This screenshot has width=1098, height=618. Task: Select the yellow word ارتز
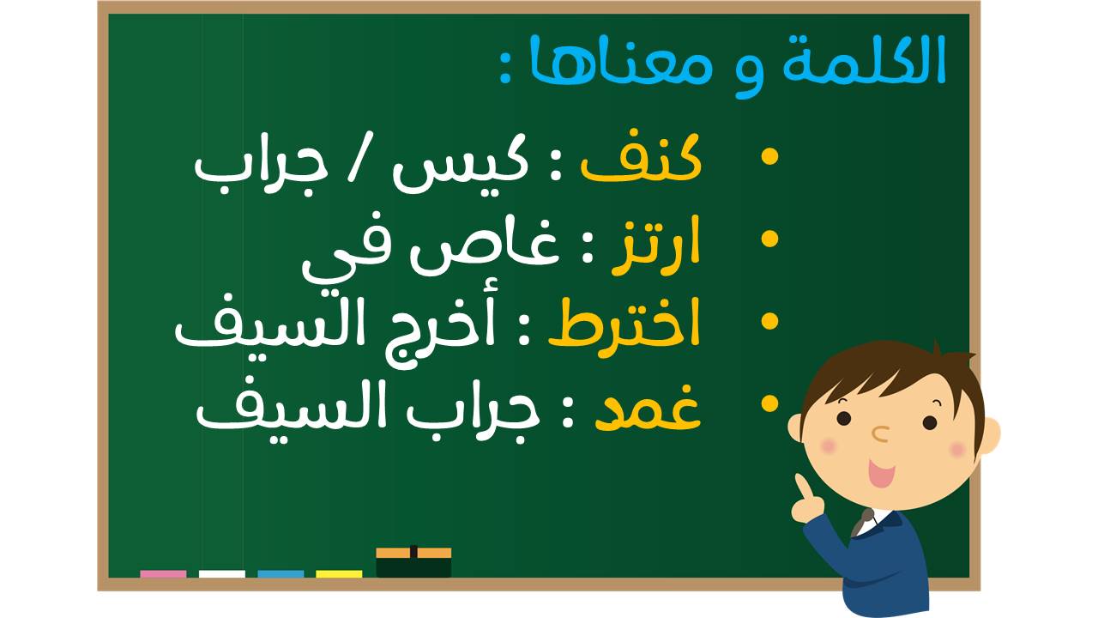(656, 245)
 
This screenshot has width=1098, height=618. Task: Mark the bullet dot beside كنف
(770, 156)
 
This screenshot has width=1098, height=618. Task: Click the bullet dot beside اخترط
(770, 321)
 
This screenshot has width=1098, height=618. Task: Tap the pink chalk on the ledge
(163, 574)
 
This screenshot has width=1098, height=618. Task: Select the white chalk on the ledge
(222, 574)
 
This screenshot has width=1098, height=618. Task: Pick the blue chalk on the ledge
(281, 574)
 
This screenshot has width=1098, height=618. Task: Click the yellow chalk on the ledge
(339, 574)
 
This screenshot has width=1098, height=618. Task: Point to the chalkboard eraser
(413, 562)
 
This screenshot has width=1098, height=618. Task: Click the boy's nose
(880, 433)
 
